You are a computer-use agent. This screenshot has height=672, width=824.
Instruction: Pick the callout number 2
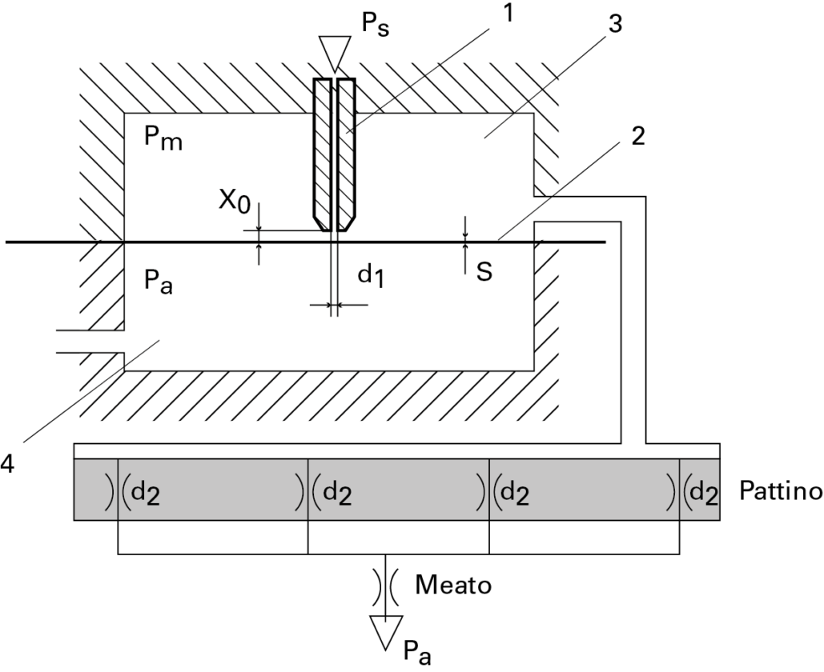tap(638, 136)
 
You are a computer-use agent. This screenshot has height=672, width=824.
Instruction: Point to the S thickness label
tap(484, 272)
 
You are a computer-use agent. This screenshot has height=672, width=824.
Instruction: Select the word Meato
tap(453, 585)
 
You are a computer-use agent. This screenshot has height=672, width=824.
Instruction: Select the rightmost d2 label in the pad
tap(703, 490)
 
